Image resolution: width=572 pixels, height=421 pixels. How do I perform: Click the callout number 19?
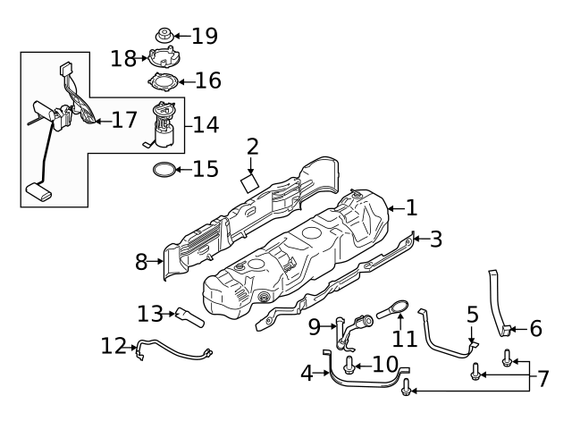[205, 36]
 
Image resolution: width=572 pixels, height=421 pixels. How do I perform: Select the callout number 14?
[206, 124]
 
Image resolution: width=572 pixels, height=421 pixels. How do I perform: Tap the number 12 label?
[114, 344]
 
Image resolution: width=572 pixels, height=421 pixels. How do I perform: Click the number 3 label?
[435, 239]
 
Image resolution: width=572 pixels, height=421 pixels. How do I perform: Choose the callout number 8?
[141, 262]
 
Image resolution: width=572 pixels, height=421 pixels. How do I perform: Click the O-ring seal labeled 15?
[163, 168]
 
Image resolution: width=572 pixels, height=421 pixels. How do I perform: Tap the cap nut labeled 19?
[164, 36]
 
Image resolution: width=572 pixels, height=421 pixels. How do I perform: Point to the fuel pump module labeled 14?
[163, 125]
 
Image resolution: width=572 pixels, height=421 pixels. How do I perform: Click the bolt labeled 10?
[349, 366]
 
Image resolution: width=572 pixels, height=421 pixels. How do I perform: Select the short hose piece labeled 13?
[189, 316]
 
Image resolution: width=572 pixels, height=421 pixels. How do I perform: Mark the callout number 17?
[123, 120]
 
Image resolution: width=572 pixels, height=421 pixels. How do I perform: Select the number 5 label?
[472, 315]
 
